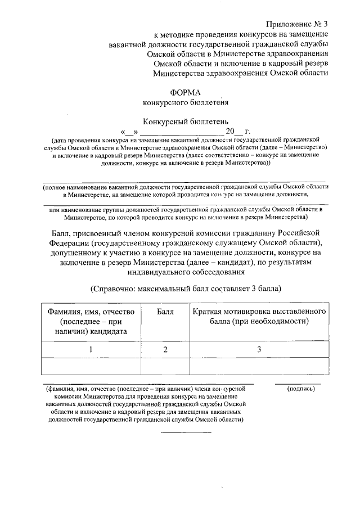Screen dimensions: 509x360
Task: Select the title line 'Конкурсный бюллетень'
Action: (x=185, y=121)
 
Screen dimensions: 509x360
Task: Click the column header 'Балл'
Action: (x=165, y=311)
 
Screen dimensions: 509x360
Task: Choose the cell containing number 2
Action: (x=165, y=350)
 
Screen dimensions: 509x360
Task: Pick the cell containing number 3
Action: (x=259, y=350)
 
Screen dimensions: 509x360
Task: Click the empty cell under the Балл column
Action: (x=165, y=366)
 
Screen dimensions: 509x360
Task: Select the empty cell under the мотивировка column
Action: (x=259, y=366)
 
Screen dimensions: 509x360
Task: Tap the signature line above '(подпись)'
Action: (x=299, y=384)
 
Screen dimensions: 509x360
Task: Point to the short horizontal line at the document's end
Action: (x=186, y=432)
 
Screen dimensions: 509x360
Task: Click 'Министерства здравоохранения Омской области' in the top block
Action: (x=241, y=73)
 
